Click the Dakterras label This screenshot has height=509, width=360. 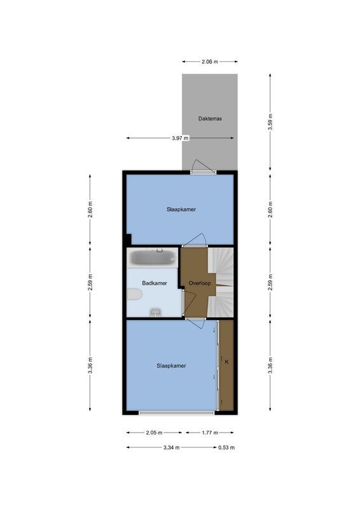pos(210,118)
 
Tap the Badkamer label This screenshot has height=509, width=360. pos(155,283)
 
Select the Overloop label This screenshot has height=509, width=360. pos(199,283)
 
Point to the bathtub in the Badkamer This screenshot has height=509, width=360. pos(153,258)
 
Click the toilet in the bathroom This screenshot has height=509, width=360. pos(134,294)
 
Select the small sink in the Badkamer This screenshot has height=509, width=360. pos(155,312)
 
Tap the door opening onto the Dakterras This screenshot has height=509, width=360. pos(202,171)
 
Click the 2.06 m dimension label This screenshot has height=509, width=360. pos(209,62)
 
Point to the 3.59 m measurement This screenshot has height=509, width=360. pos(270,122)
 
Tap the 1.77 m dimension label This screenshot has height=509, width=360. pos(209,433)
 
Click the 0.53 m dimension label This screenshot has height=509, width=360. pos(226,447)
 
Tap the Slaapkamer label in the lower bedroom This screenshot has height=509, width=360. pos(172,366)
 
